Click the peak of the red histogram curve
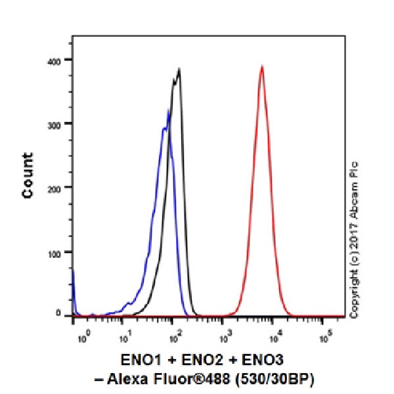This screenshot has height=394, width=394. click(261, 66)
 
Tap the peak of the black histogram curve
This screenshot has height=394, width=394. click(179, 68)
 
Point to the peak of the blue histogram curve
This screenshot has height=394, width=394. click(169, 110)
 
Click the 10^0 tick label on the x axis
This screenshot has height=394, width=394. click(83, 338)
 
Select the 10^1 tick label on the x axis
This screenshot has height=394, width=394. click(125, 338)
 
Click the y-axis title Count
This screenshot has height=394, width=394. click(28, 175)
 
